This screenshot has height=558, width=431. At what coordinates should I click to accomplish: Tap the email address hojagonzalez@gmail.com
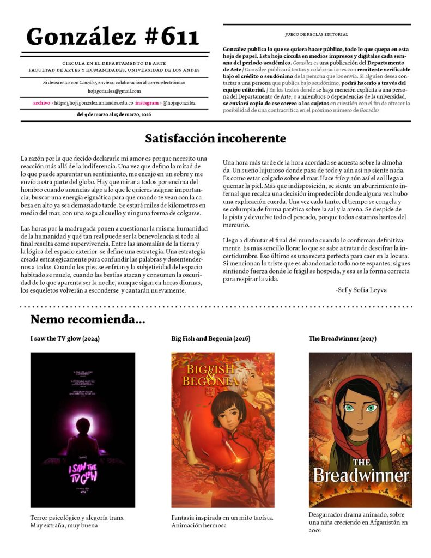114,91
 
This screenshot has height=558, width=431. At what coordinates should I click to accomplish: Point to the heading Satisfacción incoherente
215,138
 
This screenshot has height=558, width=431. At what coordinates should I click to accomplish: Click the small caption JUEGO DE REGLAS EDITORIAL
317,34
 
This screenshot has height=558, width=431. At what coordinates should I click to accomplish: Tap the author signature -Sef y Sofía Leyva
361,290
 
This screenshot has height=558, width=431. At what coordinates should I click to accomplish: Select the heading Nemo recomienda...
88,319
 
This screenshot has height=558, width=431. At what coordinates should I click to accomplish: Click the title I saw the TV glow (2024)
65,338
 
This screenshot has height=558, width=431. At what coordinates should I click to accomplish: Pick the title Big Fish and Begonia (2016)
211,338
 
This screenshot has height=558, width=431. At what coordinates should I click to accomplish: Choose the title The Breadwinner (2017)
342,338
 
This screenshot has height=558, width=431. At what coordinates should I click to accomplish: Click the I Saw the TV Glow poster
83,429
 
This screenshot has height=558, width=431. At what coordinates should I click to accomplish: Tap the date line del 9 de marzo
114,114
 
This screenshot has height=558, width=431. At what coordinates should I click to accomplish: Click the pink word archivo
41,102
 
